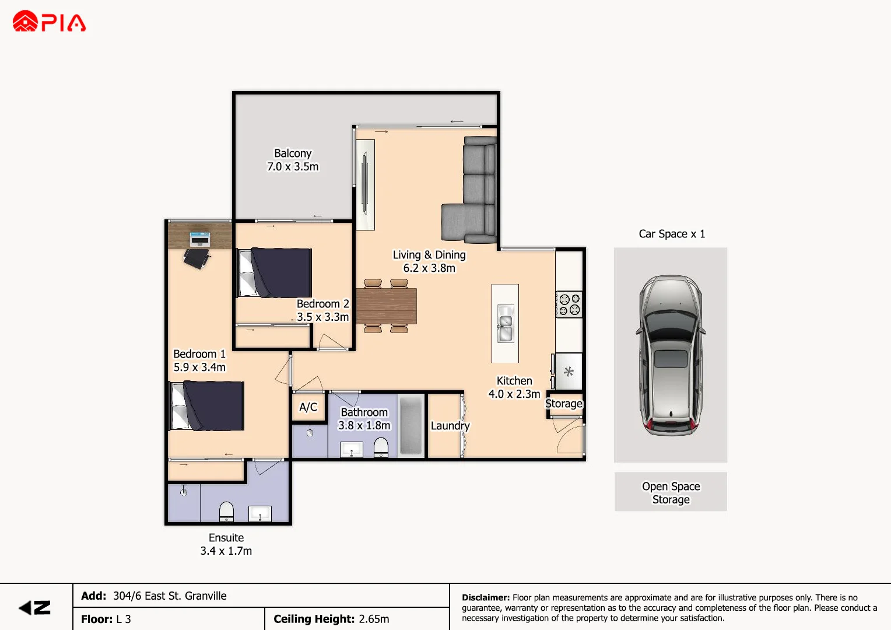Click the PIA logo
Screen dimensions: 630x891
(49, 22)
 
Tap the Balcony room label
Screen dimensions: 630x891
(293, 153)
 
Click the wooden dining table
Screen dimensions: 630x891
(386, 306)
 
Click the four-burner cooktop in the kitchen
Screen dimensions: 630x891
(569, 304)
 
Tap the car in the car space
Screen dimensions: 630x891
(671, 355)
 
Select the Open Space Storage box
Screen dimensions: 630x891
(671, 492)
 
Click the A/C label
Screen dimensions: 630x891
(308, 407)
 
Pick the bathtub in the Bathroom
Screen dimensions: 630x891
(411, 425)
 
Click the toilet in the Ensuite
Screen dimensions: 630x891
(226, 512)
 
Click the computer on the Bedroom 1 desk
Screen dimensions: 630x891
(199, 239)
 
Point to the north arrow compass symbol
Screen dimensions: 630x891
(35, 608)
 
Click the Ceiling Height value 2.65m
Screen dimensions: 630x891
(374, 619)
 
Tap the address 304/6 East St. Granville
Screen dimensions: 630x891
(170, 596)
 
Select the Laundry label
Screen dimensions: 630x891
(450, 426)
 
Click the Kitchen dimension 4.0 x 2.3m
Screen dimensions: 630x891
(514, 394)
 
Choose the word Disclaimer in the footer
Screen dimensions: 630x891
(485, 597)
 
